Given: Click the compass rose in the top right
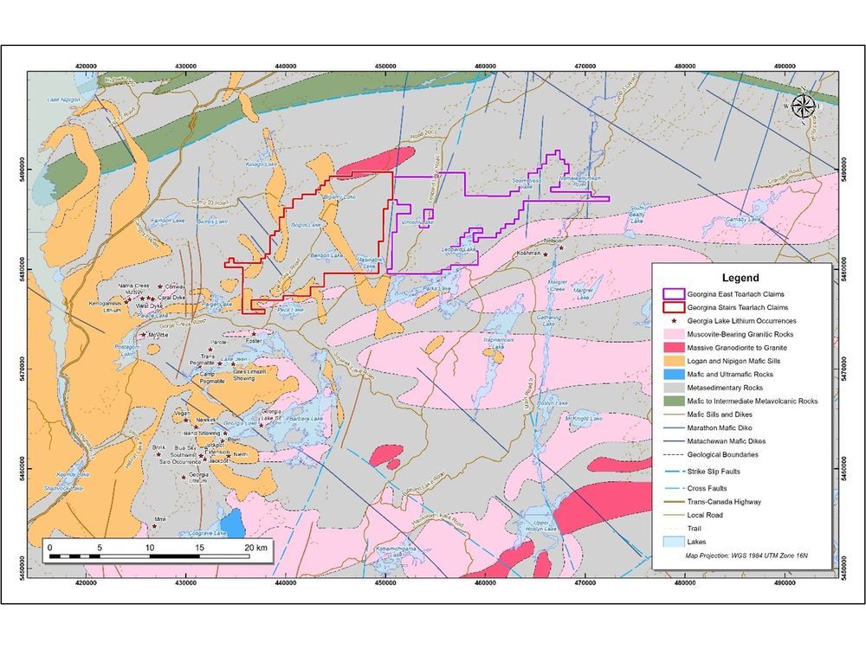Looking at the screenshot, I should tap(804, 106).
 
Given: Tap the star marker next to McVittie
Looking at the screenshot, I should tap(144, 335).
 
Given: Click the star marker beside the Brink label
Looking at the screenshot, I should tap(154, 453).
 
